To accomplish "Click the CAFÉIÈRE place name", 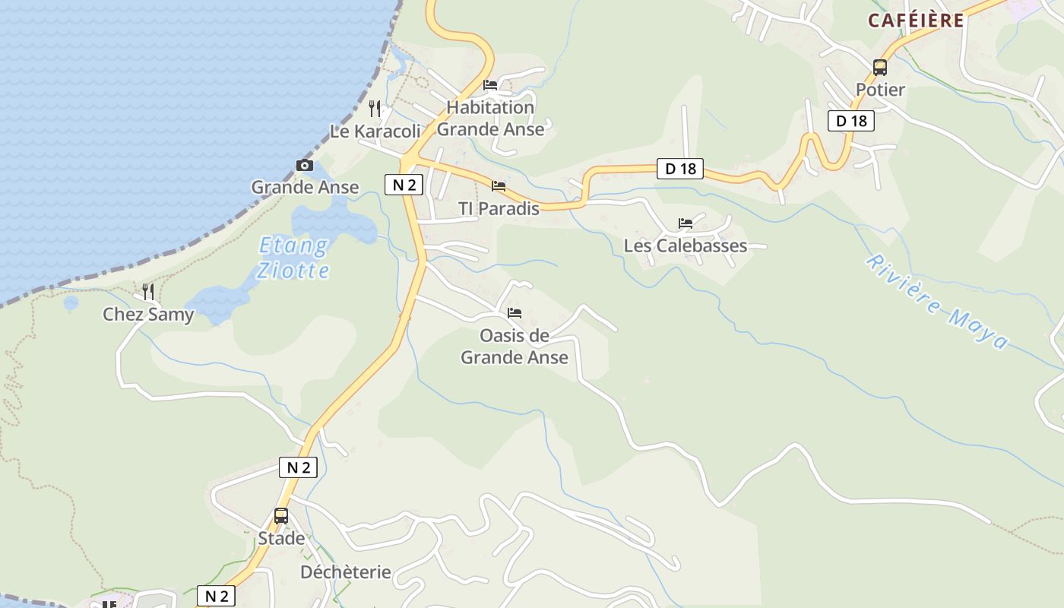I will point(915,21).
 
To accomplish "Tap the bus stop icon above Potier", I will point(880,68).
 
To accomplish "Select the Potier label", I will point(880,90).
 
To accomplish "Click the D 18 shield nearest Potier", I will point(851,120).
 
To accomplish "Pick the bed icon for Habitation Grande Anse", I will point(490,85).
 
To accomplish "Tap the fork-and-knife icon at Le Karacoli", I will point(375,109).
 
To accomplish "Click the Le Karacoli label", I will point(375,131).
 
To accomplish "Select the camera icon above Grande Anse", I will point(304,165).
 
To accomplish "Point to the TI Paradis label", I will point(499,208).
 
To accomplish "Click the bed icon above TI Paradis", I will point(499,185).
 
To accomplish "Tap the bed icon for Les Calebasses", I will point(686,223).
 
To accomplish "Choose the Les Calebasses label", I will point(686,246).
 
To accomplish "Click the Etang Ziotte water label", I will point(293,258).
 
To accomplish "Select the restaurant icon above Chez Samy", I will point(148,291).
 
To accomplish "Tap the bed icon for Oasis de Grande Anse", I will point(515,313).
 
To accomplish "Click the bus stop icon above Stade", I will point(281,516).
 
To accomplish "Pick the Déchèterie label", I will point(346,572).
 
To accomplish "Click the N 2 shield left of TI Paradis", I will point(404,185).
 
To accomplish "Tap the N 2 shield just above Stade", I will point(298,467).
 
